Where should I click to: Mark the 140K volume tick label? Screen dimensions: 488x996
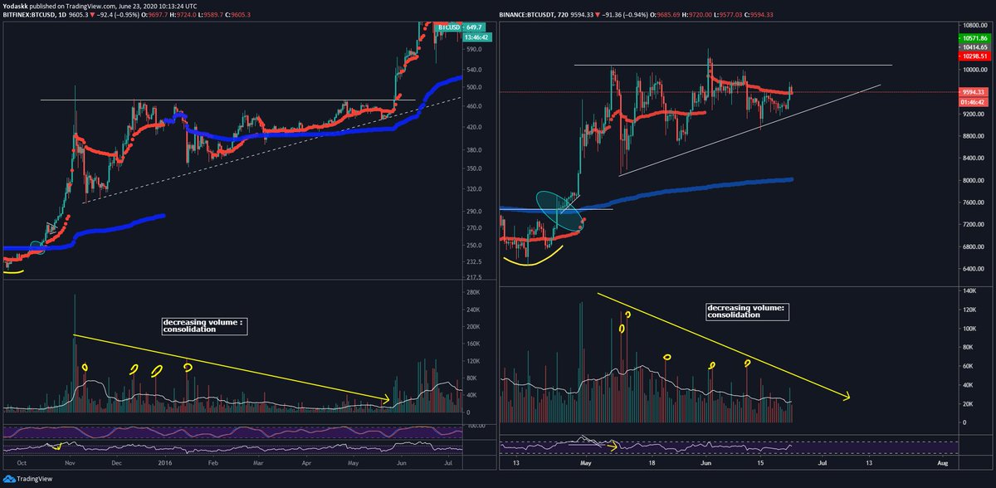(969, 291)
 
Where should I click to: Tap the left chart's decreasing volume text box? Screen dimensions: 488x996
(204, 325)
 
